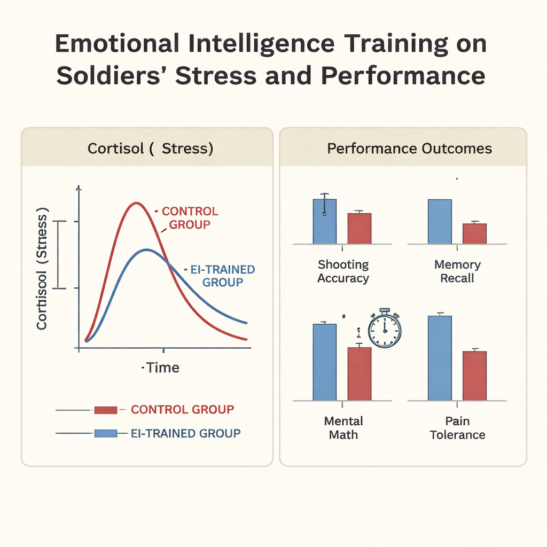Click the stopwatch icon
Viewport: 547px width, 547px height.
(x=385, y=329)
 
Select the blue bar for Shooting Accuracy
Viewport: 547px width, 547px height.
(x=324, y=222)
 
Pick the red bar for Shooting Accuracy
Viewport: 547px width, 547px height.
(x=360, y=229)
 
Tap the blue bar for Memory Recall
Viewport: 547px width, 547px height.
(x=440, y=222)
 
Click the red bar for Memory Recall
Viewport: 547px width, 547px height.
(x=474, y=233)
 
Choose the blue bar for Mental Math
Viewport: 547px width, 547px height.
(x=324, y=362)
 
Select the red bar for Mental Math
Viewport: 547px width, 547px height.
(x=360, y=373)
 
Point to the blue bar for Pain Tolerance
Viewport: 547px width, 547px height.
(x=440, y=358)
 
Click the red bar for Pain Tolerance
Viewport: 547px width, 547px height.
(x=474, y=376)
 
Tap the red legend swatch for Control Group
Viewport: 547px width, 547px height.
(x=105, y=410)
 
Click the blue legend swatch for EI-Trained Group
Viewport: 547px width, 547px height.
(x=105, y=433)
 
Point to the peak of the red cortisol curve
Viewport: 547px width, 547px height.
(x=137, y=203)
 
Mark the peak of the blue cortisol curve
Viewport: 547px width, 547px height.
(x=147, y=249)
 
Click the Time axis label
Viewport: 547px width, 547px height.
(x=162, y=368)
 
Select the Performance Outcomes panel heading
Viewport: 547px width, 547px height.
(x=409, y=148)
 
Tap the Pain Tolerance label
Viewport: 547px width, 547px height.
(x=457, y=428)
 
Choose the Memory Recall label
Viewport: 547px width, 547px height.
(x=457, y=271)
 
